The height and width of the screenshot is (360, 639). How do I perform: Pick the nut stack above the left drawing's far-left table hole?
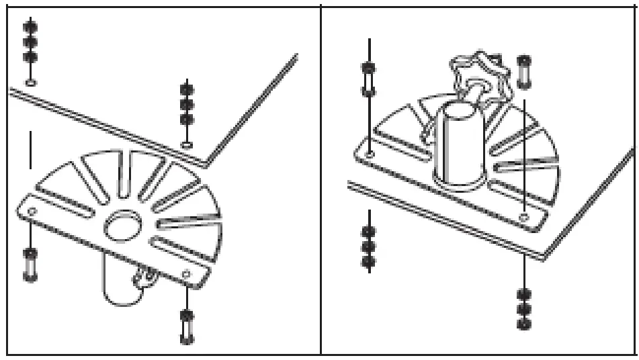(x=31, y=41)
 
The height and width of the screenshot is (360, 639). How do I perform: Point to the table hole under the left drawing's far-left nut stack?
(x=31, y=83)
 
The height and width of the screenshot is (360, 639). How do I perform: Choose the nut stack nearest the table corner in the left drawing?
(x=187, y=104)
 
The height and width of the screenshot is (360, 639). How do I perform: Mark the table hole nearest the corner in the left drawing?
(x=187, y=144)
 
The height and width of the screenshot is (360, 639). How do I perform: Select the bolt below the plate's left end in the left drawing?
(x=31, y=264)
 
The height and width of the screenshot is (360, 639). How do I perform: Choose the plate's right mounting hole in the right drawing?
(x=524, y=217)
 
